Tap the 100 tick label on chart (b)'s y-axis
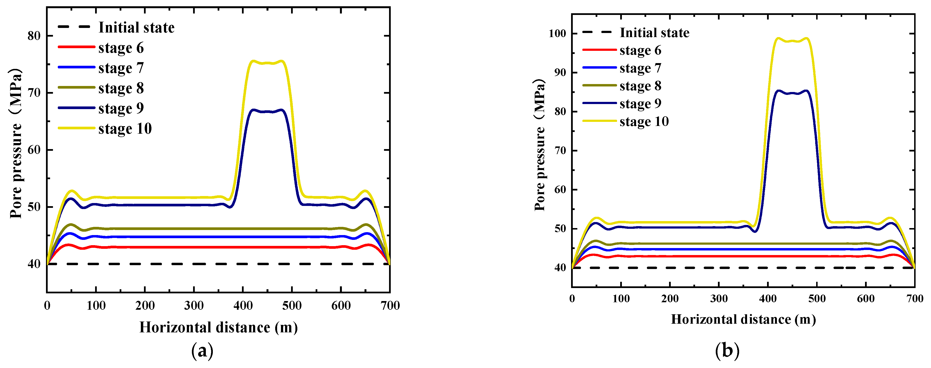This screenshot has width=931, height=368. point(557,34)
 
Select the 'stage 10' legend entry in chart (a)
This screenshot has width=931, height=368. point(125,129)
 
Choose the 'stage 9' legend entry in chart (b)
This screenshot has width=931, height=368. point(640,104)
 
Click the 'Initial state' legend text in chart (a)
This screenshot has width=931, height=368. point(136,27)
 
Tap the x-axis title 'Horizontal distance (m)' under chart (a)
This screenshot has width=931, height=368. point(218,328)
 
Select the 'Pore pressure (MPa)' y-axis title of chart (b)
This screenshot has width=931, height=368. point(539,145)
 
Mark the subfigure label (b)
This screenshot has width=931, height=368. point(727,351)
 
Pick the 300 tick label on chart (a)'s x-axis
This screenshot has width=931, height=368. point(194,306)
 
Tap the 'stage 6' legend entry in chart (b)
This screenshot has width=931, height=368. point(640,50)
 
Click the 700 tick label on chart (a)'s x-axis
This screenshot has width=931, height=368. point(390,306)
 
